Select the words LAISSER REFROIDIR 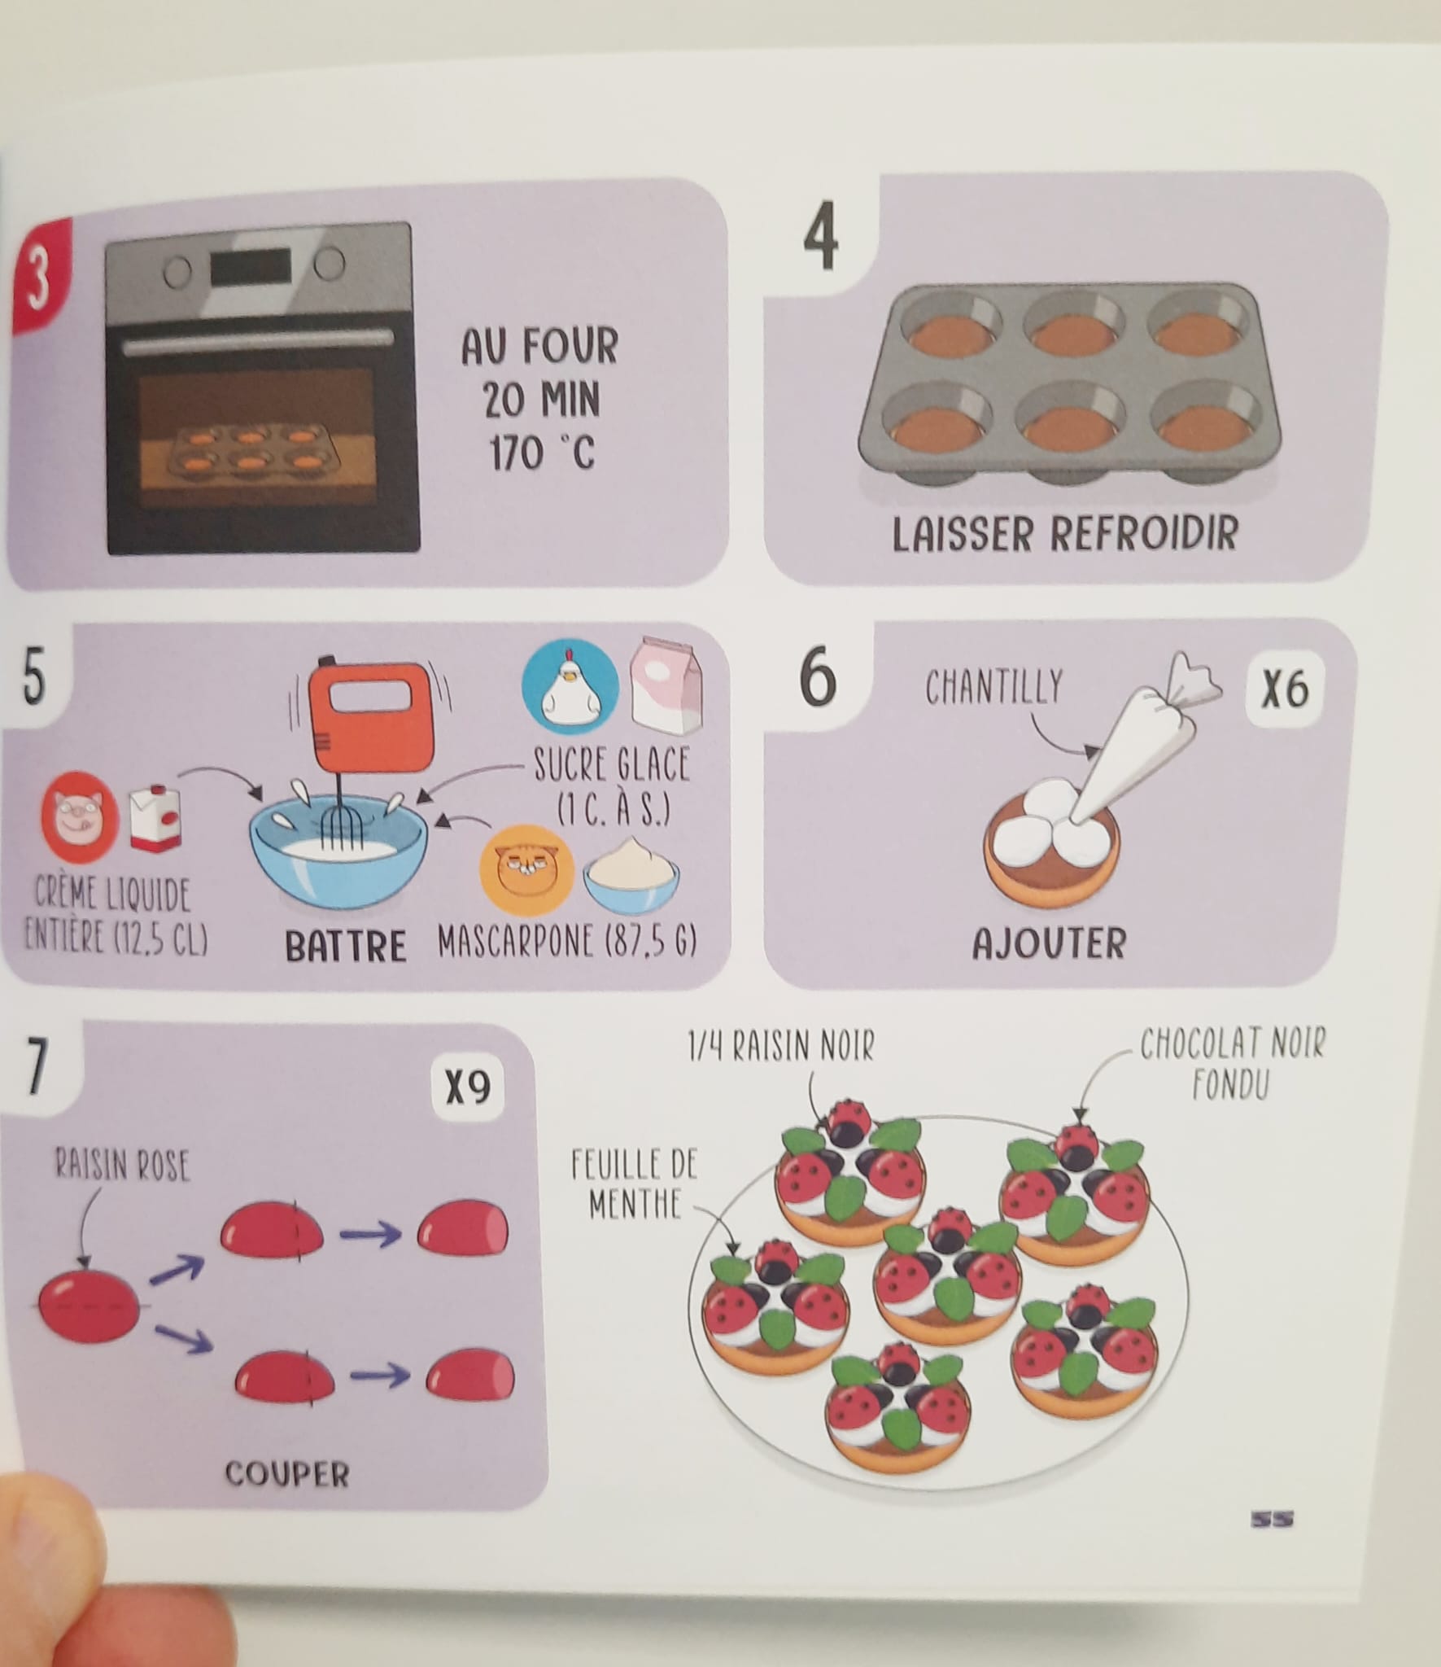pyautogui.click(x=1064, y=533)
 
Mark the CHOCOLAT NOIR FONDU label pyautogui.click(x=1233, y=1067)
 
